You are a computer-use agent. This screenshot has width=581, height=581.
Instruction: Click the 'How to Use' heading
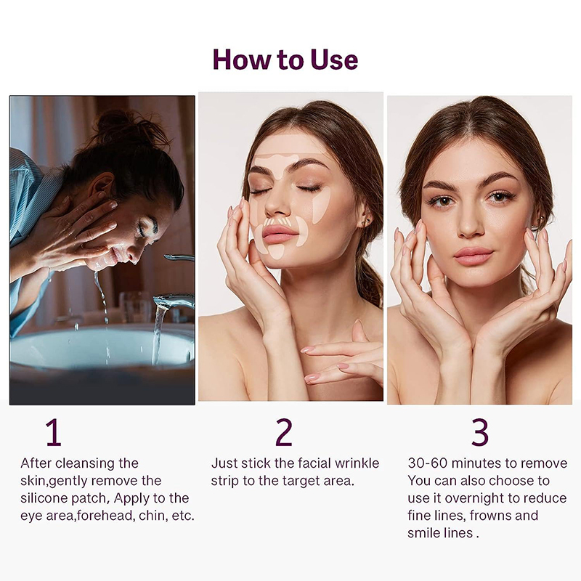[285, 60]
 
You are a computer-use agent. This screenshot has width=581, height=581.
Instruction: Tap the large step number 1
[53, 432]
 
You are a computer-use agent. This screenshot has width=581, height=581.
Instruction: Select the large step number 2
[284, 432]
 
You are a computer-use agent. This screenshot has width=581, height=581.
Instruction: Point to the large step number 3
[479, 432]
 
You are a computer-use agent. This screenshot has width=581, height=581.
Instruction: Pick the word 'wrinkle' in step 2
[357, 463]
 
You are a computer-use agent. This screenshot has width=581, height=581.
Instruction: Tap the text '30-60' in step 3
[427, 463]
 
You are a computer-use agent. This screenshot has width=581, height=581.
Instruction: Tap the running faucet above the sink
[174, 299]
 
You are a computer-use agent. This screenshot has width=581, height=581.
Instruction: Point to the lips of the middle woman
[280, 234]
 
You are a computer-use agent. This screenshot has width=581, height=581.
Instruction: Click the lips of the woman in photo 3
[474, 256]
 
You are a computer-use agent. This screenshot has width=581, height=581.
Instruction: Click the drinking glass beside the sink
[135, 306]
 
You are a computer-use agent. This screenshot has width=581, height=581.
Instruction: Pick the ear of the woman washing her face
[103, 185]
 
